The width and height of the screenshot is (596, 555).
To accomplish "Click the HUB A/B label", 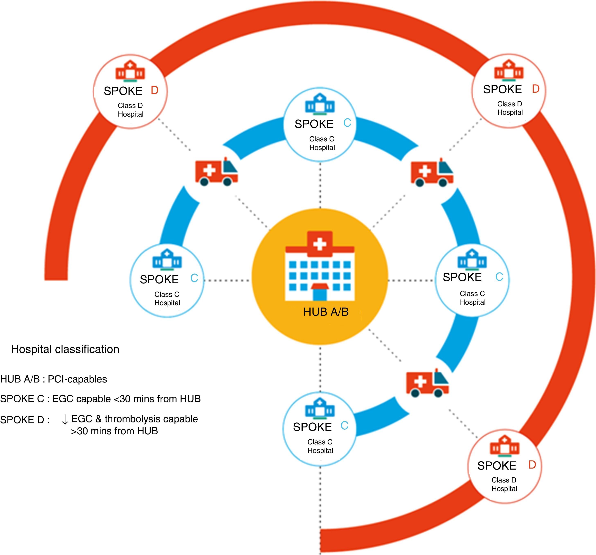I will pyautogui.click(x=326, y=312).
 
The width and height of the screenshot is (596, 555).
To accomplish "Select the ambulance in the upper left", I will pyautogui.click(x=216, y=172).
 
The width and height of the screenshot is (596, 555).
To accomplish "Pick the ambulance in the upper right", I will pyautogui.click(x=432, y=173).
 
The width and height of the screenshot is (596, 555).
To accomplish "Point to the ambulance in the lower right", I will pyautogui.click(x=427, y=383).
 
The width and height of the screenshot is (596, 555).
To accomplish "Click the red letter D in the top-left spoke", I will pyautogui.click(x=154, y=90).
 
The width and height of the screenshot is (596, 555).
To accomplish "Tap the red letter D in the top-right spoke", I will pyautogui.click(x=535, y=89).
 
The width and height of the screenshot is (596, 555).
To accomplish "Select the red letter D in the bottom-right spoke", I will pyautogui.click(x=532, y=465).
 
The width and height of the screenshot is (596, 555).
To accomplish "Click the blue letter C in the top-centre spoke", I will pyautogui.click(x=347, y=123).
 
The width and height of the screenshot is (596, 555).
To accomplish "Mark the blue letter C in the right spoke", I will pyautogui.click(x=499, y=277).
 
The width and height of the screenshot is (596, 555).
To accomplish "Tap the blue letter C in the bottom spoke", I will pyautogui.click(x=344, y=426).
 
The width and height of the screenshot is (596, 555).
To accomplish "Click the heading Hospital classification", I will pyautogui.click(x=65, y=349).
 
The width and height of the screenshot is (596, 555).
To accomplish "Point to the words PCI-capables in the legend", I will pyautogui.click(x=77, y=379).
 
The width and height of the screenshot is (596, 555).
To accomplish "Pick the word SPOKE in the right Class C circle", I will pyautogui.click(x=462, y=277).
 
